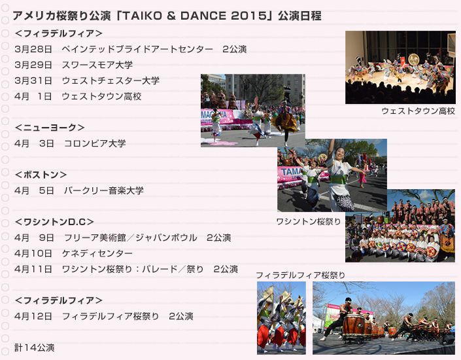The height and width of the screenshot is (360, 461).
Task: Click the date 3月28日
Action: coord(33,49)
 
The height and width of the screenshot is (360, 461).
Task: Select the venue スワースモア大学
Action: coord(97,65)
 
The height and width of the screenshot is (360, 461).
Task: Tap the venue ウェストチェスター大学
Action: coord(111,81)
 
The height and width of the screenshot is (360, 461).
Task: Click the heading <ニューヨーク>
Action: coord(50,128)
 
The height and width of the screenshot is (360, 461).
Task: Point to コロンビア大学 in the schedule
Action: coord(95,143)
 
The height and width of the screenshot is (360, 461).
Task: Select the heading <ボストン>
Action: coord(41,175)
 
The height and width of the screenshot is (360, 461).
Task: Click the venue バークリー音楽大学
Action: coord(104,190)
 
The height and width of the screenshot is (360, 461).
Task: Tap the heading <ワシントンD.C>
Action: coord(54,222)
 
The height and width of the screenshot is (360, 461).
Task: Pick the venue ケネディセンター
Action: coord(97,253)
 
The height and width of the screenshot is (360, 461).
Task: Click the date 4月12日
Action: coord(33,316)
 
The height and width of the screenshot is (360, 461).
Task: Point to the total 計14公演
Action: coord(35,348)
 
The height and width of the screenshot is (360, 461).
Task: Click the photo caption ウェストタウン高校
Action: coord(418,111)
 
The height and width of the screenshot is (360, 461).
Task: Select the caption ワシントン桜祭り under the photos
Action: coord(309,221)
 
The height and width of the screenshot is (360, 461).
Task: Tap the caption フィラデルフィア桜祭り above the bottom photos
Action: coord(301,275)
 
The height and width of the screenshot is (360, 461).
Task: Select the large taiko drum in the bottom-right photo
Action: coord(353,326)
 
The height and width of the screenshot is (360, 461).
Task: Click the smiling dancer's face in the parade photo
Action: coord(340,153)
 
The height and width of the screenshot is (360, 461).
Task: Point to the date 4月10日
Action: coord(33,253)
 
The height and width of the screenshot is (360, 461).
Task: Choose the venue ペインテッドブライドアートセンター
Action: coord(137,49)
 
